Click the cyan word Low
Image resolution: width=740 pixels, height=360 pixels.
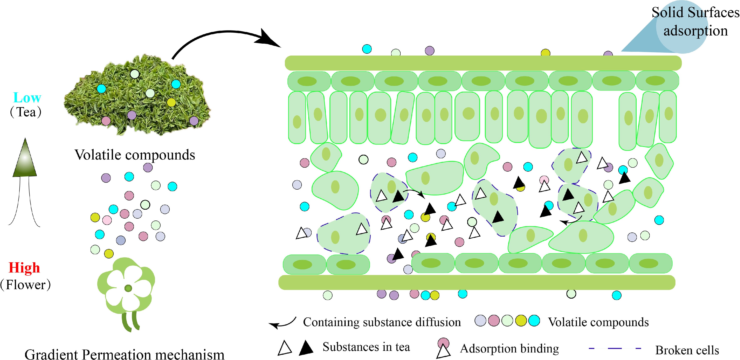pyautogui.click(x=27, y=98)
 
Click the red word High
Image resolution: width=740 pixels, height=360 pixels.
pyautogui.click(x=24, y=268)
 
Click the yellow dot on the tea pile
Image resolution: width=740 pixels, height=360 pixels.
pyautogui.click(x=171, y=102)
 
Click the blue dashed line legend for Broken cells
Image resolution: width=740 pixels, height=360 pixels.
pyautogui.click(x=615, y=349)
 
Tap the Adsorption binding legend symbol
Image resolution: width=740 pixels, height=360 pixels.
pyautogui.click(x=443, y=348)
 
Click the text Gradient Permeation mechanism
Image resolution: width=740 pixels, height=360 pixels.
pyautogui.click(x=124, y=354)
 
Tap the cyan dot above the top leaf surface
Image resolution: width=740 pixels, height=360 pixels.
pyautogui.click(x=367, y=49)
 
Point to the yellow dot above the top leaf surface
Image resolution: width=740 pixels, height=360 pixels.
pyautogui.click(x=545, y=53)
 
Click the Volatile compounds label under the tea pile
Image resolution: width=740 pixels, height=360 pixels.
pyautogui.click(x=135, y=155)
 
